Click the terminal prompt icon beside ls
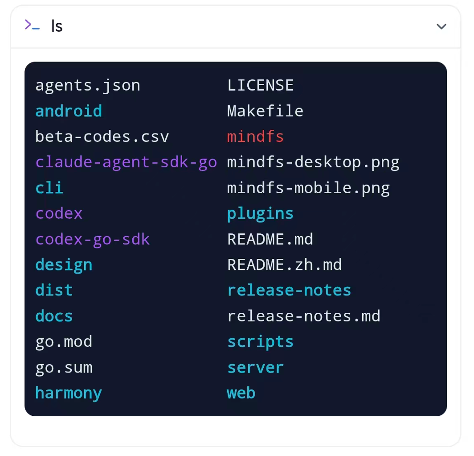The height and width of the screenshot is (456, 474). tap(32, 25)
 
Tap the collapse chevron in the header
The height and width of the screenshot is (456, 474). tap(441, 27)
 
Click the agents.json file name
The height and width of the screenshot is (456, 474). tap(88, 86)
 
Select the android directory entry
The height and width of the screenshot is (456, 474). tap(69, 111)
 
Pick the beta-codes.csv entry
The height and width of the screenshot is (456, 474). tap(102, 137)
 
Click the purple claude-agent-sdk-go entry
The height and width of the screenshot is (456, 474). tap(127, 162)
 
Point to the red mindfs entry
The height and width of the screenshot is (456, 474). tap(255, 137)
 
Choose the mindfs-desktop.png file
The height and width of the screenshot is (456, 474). tap(313, 162)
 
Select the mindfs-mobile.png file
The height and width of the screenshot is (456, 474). tap(308, 188)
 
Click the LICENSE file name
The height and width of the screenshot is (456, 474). tap(260, 85)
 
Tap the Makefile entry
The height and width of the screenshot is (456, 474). tap(265, 111)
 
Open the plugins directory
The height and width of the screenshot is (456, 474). tap(260, 214)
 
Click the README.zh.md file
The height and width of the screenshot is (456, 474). tap(285, 265)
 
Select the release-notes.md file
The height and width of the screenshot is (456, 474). tap(304, 316)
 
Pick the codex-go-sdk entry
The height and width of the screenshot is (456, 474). tap(93, 240)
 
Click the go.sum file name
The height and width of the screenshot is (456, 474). tap(64, 368)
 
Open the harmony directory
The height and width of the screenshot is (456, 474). tap(69, 394)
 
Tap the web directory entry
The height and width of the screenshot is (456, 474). tap(241, 393)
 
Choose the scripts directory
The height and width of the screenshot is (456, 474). tap(260, 342)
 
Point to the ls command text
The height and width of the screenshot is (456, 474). tap(57, 26)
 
